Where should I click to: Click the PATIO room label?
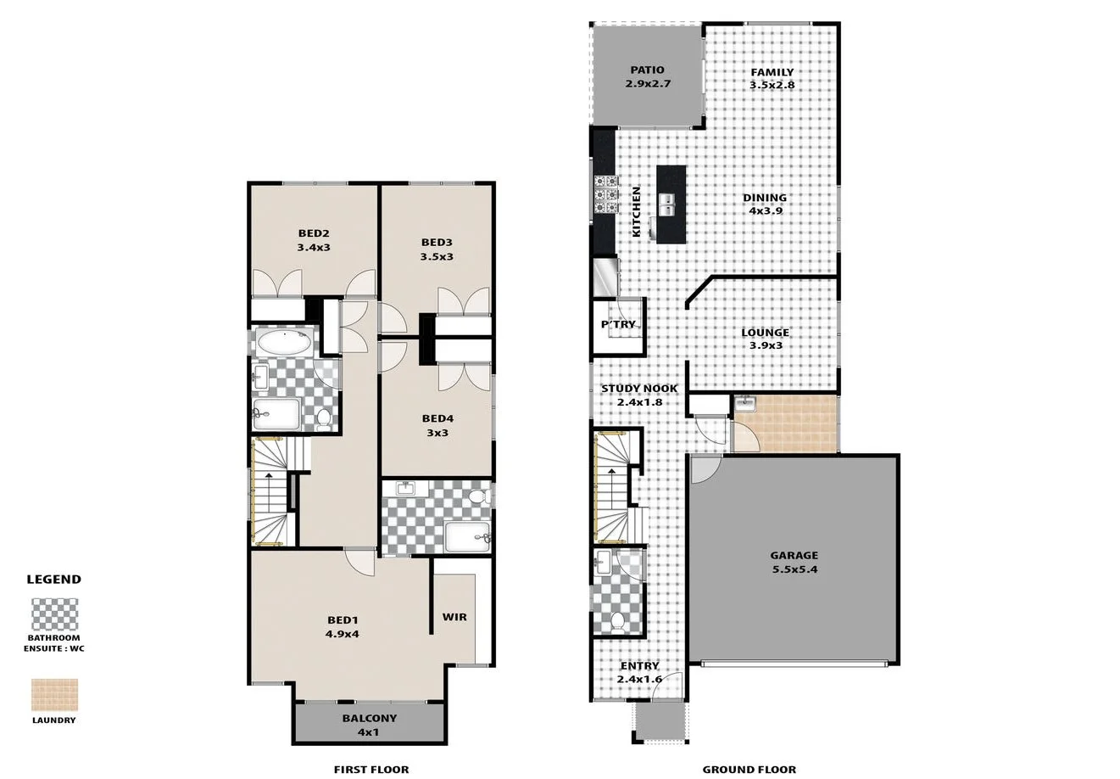pyautogui.click(x=646, y=76)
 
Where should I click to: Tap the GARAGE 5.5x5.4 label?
pyautogui.click(x=794, y=563)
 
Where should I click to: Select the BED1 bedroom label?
pyautogui.click(x=343, y=626)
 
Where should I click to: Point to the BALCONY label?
pyautogui.click(x=369, y=725)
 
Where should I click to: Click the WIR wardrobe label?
pyautogui.click(x=454, y=617)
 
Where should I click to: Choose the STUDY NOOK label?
pyautogui.click(x=639, y=395)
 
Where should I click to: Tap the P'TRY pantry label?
pyautogui.click(x=618, y=325)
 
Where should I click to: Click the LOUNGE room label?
pyautogui.click(x=765, y=339)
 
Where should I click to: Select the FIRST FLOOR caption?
pyautogui.click(x=371, y=770)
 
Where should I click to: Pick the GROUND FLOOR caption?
pyautogui.click(x=749, y=770)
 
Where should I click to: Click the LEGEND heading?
pyautogui.click(x=54, y=580)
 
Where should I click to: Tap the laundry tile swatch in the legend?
pyautogui.click(x=54, y=694)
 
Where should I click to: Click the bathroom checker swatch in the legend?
pyautogui.click(x=54, y=614)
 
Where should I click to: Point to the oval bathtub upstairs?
pyautogui.click(x=283, y=343)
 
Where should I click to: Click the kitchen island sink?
pyautogui.click(x=666, y=204)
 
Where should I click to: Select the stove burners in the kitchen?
pyautogui.click(x=605, y=194)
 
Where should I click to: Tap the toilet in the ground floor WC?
pyautogui.click(x=617, y=622)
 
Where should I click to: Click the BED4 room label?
pyautogui.click(x=437, y=425)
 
